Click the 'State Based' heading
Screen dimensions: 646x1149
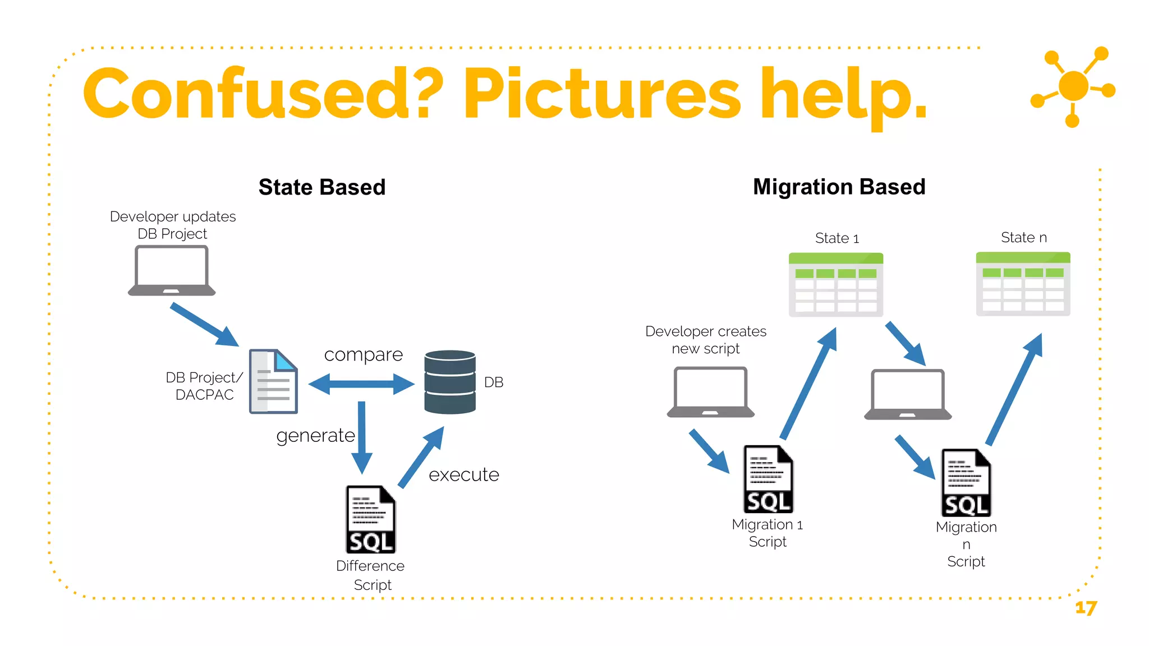321,187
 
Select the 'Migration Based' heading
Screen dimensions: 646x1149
839,187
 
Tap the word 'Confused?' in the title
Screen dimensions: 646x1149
263,94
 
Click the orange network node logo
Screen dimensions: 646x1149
1073,86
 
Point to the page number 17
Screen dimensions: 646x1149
1086,608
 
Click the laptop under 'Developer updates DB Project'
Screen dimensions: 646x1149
172,271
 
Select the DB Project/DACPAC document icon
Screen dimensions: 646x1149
273,381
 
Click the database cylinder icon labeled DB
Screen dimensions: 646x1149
450,382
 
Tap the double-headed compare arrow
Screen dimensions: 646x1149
361,384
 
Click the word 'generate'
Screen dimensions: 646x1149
315,436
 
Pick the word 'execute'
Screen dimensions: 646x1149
463,475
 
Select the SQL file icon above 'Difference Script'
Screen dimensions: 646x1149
370,519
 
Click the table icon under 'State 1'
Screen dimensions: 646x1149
835,285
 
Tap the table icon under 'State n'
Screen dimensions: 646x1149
1023,284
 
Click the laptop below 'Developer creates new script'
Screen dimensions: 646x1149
710,392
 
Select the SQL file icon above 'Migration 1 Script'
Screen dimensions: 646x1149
768,479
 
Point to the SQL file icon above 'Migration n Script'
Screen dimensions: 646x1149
966,482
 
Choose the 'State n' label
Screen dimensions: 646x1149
1023,237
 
